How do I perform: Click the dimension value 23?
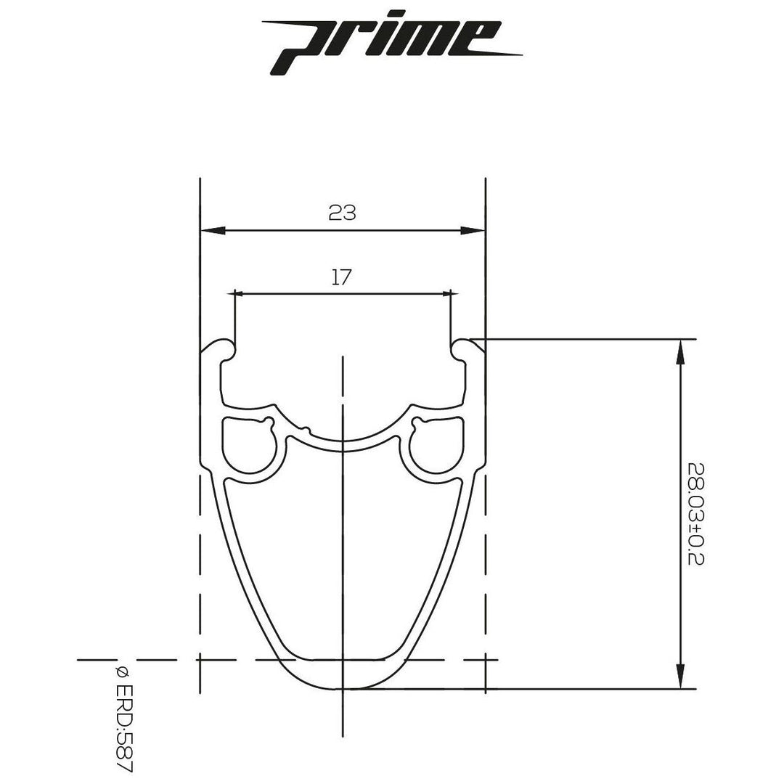pyautogui.click(x=342, y=213)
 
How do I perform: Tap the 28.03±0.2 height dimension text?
pyautogui.click(x=695, y=514)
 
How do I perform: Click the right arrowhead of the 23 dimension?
pyautogui.click(x=473, y=231)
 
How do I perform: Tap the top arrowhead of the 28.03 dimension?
pyautogui.click(x=679, y=351)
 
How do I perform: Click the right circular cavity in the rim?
pyautogui.click(x=436, y=446)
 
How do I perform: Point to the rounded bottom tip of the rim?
pyautogui.click(x=342, y=686)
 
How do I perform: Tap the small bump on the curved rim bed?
pyautogui.click(x=306, y=428)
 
